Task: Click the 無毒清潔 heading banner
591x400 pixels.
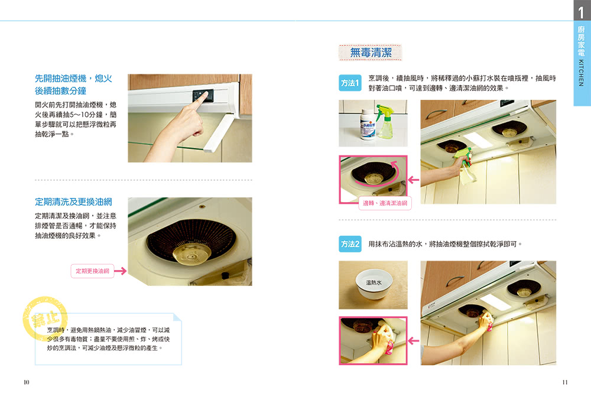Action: tap(371, 53)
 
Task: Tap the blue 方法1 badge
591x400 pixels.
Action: tap(350, 83)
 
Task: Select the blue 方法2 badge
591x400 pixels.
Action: tap(350, 244)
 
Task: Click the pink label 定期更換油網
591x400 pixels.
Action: tap(92, 271)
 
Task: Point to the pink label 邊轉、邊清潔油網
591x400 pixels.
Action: tap(385, 203)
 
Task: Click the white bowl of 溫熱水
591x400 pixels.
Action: tap(374, 284)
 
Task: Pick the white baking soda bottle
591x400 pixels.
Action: tap(368, 124)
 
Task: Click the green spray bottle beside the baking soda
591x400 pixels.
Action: tap(385, 122)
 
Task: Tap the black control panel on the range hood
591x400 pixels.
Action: tap(203, 95)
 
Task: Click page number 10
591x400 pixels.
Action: tap(27, 382)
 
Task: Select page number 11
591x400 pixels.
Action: tap(564, 382)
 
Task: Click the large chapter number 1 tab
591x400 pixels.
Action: tap(582, 11)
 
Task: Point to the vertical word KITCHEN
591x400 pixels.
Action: tap(581, 73)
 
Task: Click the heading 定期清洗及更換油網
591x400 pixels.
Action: tap(73, 202)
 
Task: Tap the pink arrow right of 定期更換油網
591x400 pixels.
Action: tap(120, 271)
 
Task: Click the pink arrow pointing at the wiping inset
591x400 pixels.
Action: tap(414, 341)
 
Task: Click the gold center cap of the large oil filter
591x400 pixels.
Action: tap(191, 254)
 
